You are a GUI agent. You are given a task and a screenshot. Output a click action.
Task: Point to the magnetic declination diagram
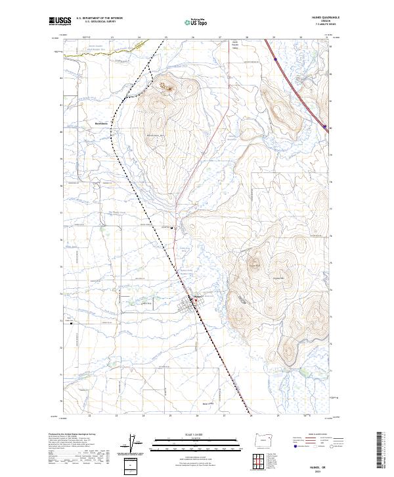pyautogui.click(x=134, y=445)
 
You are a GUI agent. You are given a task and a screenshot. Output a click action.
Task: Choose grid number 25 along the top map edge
pyautogui.click(x=166, y=38)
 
